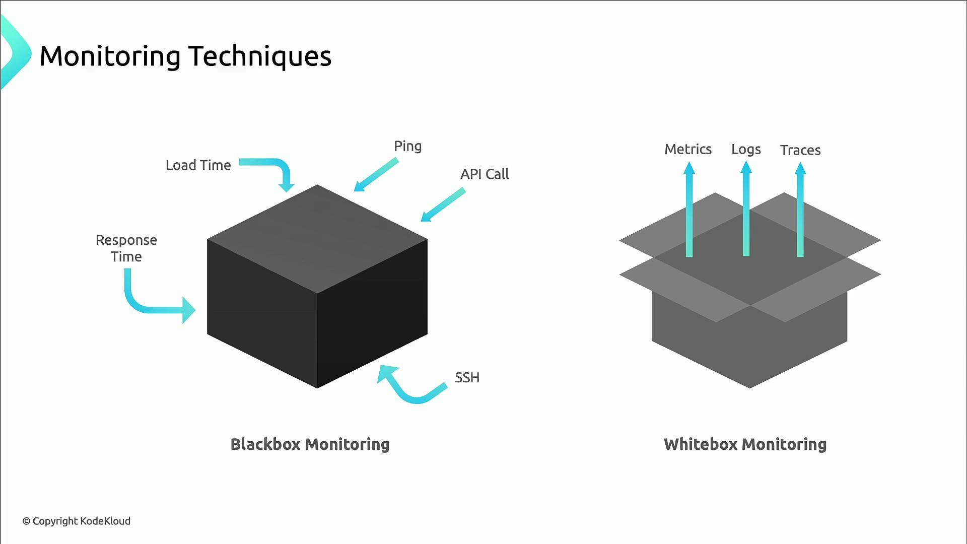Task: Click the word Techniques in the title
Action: [259, 56]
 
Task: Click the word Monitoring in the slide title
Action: [110, 56]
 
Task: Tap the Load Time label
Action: [198, 165]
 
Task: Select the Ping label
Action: [407, 146]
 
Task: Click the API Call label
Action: [484, 174]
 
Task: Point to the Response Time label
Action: [126, 248]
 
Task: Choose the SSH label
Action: [467, 378]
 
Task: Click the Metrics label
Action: [688, 150]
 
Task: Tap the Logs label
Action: [746, 150]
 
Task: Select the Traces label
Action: [800, 150]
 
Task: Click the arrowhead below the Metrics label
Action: [689, 169]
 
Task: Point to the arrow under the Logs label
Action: [746, 212]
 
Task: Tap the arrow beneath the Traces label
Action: [800, 212]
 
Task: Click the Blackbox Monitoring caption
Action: [310, 444]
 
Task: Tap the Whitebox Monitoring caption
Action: [745, 444]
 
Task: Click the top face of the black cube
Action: [317, 239]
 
